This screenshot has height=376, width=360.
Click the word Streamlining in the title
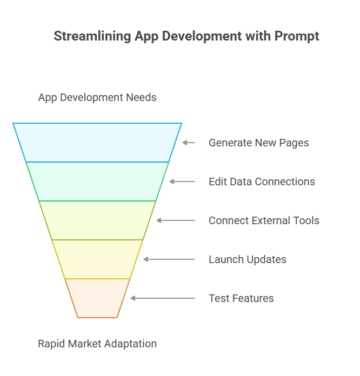pos(92,36)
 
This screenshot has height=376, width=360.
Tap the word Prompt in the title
pos(297,36)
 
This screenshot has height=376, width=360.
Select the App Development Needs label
pos(97,98)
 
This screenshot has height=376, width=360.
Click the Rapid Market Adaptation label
pos(97,344)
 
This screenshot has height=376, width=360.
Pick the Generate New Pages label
pos(259,143)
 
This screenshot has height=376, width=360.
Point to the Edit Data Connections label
pos(262,182)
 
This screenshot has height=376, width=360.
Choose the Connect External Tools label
pos(264,220)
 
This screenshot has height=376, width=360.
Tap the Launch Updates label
pos(248,259)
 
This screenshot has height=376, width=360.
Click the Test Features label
pos(241,298)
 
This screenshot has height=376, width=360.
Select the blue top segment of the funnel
pos(97,143)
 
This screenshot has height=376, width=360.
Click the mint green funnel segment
pos(97,182)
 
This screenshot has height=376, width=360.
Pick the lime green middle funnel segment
pos(97,220)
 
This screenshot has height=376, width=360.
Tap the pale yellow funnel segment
pos(97,259)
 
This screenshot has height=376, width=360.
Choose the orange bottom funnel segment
pos(97,298)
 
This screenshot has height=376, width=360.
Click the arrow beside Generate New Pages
pos(189,143)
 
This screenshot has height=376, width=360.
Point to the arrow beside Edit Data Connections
pos(182,182)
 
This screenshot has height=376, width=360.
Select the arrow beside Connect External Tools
pos(176,220)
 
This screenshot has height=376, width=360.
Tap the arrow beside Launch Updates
pos(169,259)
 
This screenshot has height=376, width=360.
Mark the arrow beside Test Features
pos(163,298)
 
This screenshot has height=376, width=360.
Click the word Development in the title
pos(202,36)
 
